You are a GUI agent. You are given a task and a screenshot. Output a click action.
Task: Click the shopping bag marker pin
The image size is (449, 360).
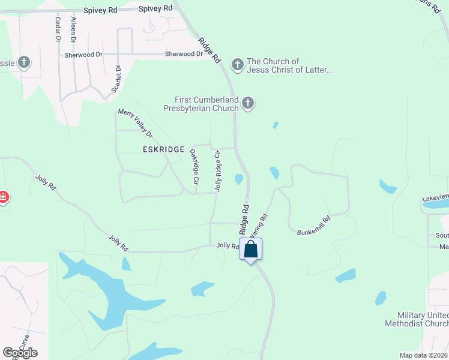click(x=251, y=248)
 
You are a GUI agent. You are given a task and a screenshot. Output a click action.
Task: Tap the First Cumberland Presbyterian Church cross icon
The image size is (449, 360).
click(x=248, y=104)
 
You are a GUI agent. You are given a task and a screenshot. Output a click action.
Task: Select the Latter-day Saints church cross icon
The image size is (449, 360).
click(x=238, y=65)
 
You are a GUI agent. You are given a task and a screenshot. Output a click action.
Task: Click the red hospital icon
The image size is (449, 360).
click(x=3, y=197)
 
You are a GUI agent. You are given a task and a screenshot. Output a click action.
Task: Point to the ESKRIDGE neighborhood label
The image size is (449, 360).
click(x=163, y=149)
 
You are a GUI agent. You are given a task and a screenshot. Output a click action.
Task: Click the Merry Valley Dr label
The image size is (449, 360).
click(x=135, y=123)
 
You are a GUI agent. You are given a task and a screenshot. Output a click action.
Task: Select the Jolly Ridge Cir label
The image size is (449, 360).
click(x=218, y=172)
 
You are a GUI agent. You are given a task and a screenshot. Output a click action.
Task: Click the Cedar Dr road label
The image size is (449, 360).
click(x=58, y=29)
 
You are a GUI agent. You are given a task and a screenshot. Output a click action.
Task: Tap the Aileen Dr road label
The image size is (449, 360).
click(x=74, y=29)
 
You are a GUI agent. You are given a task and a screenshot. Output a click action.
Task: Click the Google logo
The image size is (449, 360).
click(x=20, y=353)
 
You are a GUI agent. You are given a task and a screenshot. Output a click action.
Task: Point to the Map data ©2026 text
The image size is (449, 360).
click(x=423, y=355)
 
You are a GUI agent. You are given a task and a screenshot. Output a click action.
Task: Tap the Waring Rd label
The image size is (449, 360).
click(x=258, y=224)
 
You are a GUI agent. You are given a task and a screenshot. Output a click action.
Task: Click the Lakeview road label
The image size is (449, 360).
click(x=435, y=197)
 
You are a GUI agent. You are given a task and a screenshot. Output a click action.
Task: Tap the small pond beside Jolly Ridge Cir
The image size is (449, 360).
click(x=239, y=179)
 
